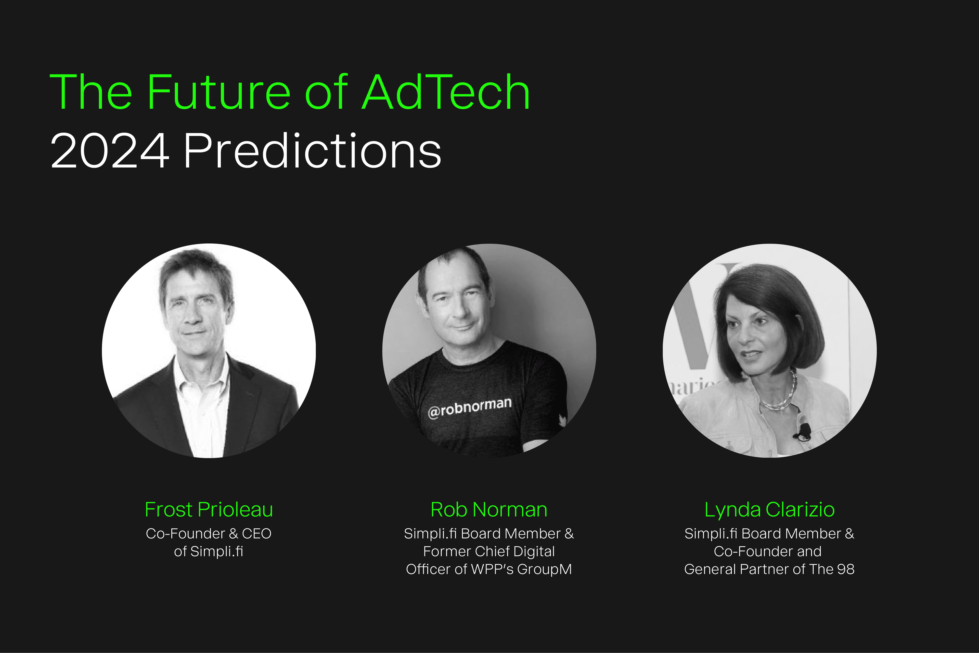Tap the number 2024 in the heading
[110, 151]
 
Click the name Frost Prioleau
[209, 509]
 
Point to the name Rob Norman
[489, 509]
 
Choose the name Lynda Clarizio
[769, 509]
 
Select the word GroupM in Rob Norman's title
[544, 569]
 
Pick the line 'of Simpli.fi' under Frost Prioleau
[209, 551]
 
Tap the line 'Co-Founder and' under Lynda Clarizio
[767, 551]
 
